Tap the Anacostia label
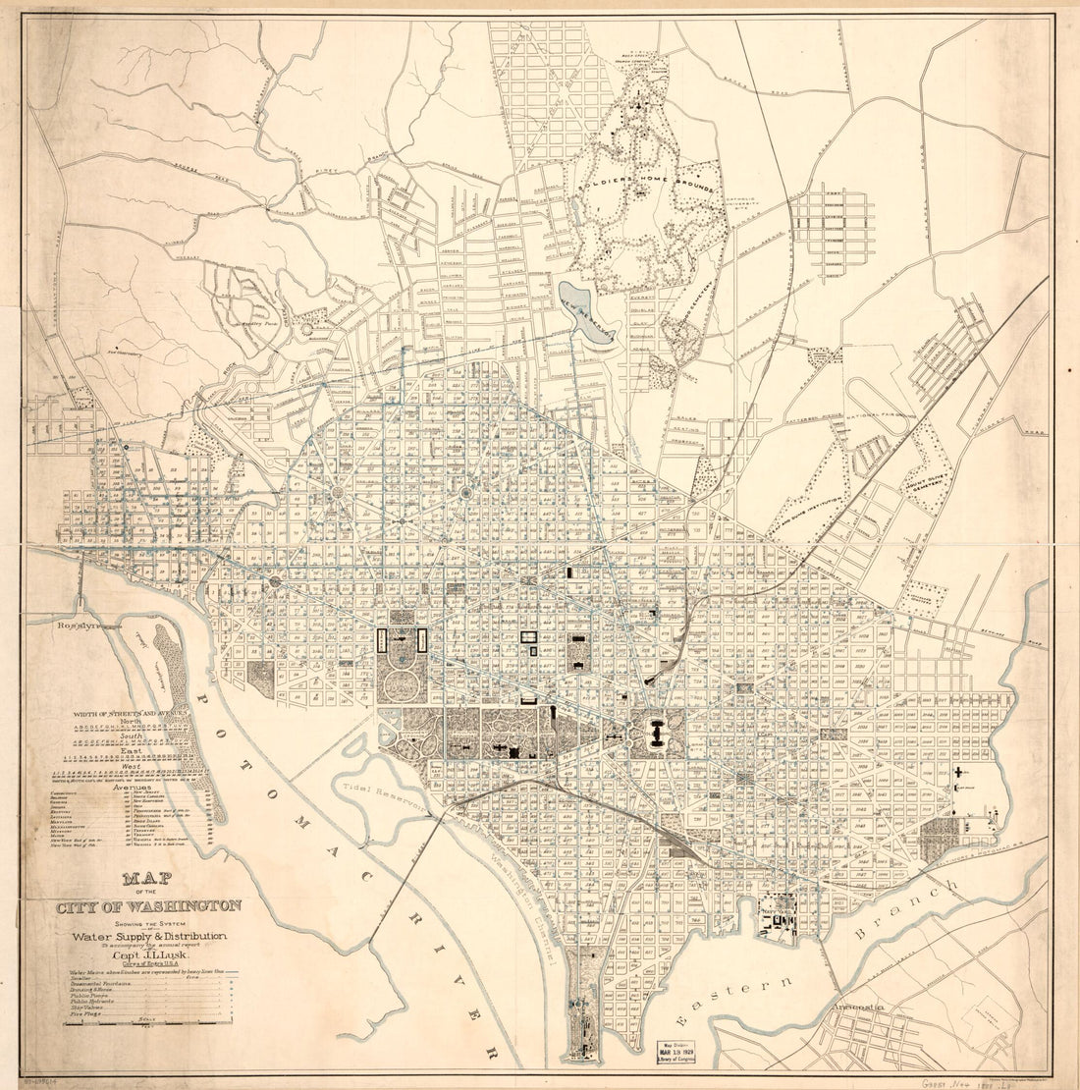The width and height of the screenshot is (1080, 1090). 858,1008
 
